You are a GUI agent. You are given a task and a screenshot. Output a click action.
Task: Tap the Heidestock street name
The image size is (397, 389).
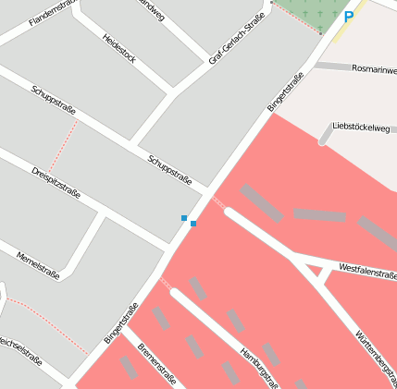119,48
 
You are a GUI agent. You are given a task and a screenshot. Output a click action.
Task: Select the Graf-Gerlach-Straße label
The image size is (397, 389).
230,38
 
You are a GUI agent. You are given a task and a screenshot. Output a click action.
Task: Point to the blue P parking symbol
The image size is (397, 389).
348,16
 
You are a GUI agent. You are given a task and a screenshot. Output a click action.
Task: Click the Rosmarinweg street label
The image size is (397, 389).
374,69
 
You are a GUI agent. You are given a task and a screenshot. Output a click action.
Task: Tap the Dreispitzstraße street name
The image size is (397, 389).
56,183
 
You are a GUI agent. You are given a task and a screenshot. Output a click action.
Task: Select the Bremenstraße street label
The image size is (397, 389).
156,363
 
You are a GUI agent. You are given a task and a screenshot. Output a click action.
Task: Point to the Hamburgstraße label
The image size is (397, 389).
259,368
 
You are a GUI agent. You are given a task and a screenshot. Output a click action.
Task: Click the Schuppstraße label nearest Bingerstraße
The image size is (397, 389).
169,169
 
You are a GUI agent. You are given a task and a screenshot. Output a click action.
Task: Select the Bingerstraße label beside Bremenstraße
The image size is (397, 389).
120,323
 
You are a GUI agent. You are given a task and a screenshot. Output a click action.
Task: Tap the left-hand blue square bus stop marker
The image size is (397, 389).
184,218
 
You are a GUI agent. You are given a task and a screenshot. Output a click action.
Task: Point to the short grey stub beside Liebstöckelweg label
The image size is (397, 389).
325,136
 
